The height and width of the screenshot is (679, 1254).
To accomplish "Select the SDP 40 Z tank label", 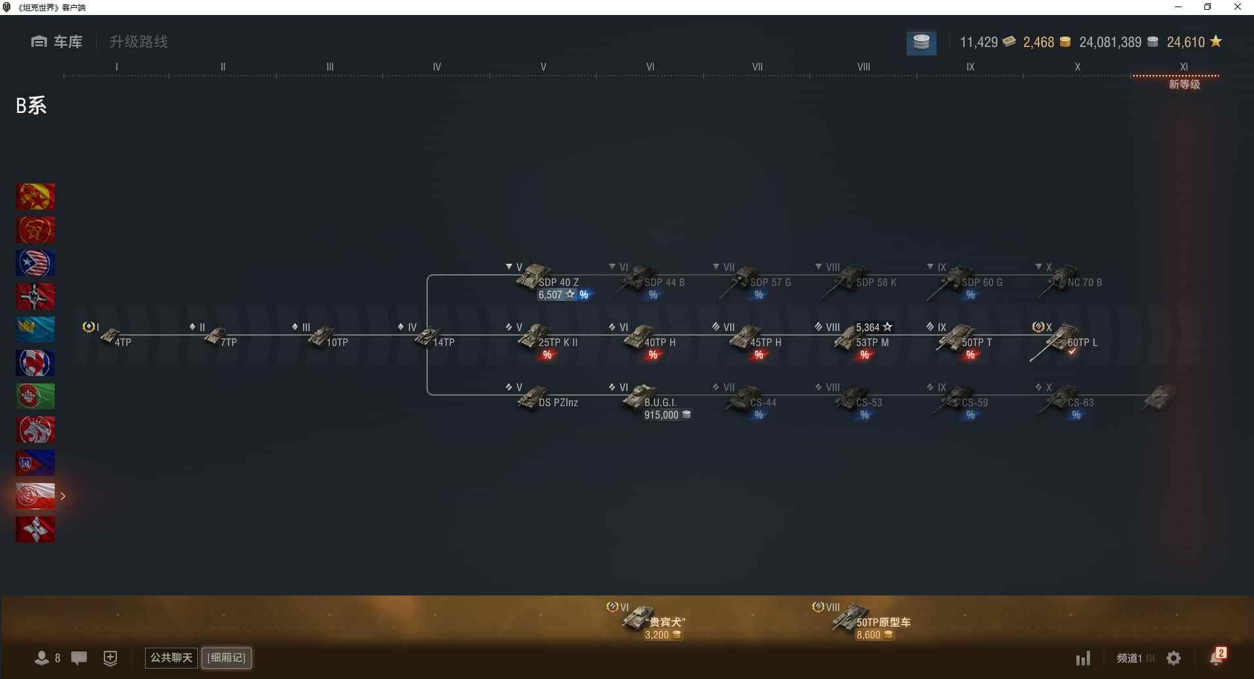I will [558, 283].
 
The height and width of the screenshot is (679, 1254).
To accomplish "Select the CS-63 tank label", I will [1080, 403].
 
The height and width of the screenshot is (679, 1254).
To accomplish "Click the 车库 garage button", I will [57, 42].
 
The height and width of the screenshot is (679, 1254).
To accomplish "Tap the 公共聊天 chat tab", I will [171, 657].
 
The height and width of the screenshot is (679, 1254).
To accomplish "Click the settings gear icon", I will [1174, 658].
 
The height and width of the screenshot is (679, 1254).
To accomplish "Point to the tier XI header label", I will [1183, 67].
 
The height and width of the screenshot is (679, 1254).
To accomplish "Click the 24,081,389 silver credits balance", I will [1110, 42].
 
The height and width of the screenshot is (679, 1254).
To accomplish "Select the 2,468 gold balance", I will [1038, 42].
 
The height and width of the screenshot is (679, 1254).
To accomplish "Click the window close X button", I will [1237, 7].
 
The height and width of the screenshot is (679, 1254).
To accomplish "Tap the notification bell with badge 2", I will [1217, 657].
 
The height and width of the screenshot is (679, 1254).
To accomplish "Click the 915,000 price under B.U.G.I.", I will [662, 415].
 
